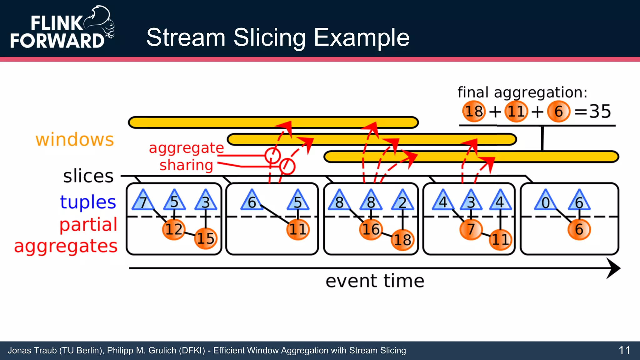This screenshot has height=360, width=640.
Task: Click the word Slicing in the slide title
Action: point(269,37)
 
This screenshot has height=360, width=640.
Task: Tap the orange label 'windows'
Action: point(74,139)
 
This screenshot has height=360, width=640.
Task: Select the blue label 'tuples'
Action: point(88,202)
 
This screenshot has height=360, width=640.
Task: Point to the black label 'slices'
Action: point(88,176)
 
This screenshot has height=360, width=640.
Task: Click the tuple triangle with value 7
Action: point(143,201)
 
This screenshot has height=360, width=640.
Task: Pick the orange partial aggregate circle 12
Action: point(173,229)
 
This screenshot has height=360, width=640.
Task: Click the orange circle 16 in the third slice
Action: point(371,229)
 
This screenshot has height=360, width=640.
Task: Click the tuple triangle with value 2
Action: point(402,201)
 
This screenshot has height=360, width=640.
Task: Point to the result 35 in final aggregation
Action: point(600,111)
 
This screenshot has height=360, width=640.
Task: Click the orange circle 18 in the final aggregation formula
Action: point(474,111)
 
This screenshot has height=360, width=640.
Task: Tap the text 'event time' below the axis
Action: point(375,281)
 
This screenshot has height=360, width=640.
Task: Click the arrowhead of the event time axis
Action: point(613,268)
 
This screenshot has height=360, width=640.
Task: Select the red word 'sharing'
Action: point(186,165)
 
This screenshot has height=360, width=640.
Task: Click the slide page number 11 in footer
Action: point(624,350)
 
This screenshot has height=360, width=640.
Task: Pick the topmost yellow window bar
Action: point(273,122)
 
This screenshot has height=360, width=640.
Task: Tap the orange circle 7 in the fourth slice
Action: point(471,229)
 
